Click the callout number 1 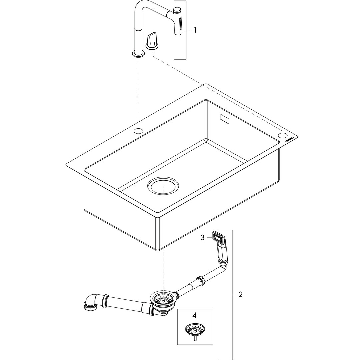point(195,30)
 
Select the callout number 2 point(240,294)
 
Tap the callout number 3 point(202,237)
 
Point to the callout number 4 point(194,315)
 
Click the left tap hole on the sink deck point(138,131)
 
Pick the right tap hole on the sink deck point(283,135)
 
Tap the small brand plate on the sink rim point(289,140)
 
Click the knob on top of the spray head point(177,10)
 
